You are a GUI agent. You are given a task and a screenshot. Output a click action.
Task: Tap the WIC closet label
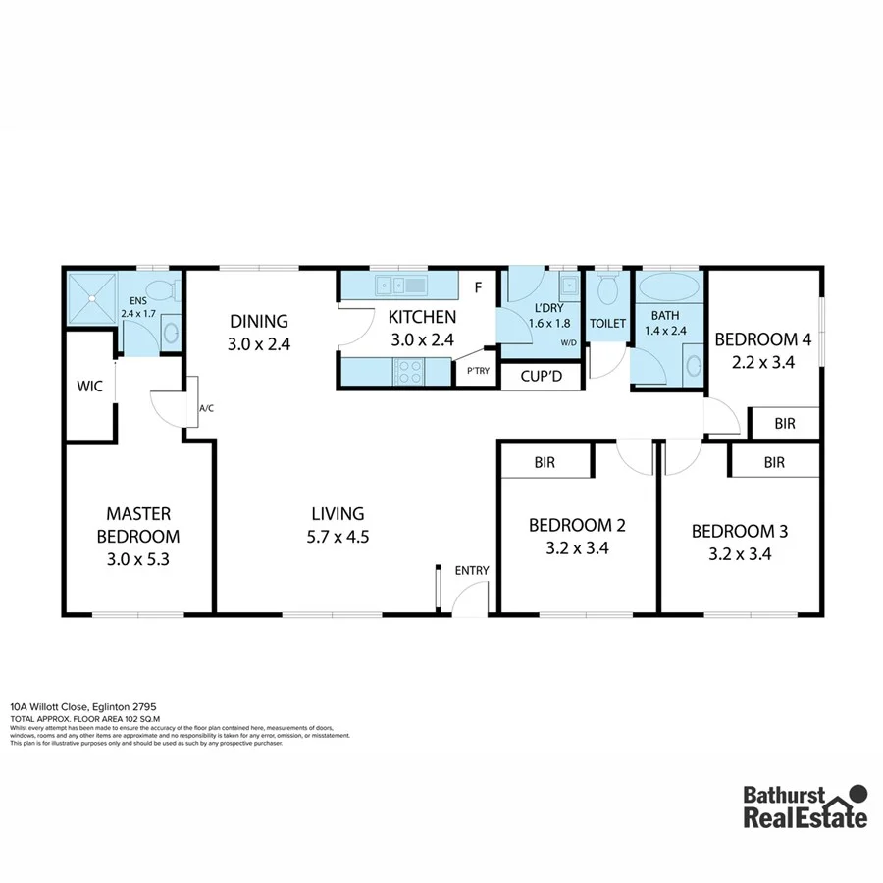pos(90,387)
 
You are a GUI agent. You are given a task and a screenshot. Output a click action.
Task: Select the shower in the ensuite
pos(91,297)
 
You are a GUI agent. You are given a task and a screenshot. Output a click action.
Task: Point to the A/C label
pos(207,408)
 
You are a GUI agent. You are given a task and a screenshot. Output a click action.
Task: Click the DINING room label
pos(259,321)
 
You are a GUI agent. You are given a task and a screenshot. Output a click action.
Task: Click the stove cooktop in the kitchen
pos(408,372)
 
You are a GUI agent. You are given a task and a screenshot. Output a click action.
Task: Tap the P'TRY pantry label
pos(478,371)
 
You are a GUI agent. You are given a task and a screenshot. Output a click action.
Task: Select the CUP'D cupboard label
pos(541,376)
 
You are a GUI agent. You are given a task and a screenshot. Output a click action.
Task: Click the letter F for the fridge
pos(478,287)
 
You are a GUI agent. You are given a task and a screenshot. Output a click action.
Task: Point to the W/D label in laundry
pos(568,343)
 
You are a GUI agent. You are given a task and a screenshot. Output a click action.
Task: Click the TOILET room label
pos(607,323)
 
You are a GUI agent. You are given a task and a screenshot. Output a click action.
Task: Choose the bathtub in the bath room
pos(669,290)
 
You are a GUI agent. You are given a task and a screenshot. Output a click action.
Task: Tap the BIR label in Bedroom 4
pos(784,424)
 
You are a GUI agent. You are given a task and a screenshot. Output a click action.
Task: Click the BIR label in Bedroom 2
pos(546,461)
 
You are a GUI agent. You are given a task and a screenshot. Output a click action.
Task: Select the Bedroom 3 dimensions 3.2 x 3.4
pos(739,553)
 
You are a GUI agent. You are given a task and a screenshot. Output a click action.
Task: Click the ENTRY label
pos(471,571)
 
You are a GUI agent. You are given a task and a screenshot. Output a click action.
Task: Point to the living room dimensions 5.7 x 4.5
pos(338,537)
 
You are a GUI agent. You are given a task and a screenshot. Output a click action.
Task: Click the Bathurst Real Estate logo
pos(805,807)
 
